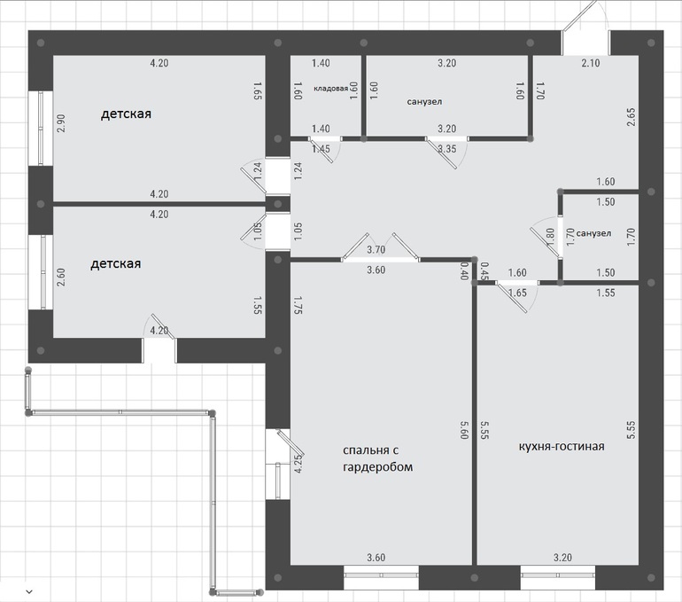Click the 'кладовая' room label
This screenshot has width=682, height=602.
(x=330, y=89)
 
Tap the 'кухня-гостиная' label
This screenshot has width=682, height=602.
(x=562, y=446)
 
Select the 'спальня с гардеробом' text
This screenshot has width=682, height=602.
(x=377, y=458)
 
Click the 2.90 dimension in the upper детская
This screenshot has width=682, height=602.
(x=61, y=123)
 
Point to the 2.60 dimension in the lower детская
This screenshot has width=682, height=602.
(x=61, y=277)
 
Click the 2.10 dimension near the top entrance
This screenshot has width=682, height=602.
(x=591, y=63)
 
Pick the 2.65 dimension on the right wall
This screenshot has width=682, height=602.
(x=632, y=117)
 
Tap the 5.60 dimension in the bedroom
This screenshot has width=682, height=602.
(x=463, y=429)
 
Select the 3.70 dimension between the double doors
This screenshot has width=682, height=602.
(x=376, y=250)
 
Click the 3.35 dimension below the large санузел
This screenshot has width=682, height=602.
(x=447, y=149)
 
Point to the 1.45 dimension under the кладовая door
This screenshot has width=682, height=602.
(x=321, y=149)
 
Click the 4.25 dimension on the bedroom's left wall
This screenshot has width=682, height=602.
(x=298, y=464)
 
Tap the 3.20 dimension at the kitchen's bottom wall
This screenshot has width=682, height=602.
(x=562, y=558)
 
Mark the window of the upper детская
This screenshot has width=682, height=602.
(x=41, y=128)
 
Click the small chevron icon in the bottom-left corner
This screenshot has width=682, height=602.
(x=29, y=591)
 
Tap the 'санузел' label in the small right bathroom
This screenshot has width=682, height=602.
(x=593, y=233)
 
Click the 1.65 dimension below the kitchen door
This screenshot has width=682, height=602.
(x=517, y=293)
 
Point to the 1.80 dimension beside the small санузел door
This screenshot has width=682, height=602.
(x=550, y=238)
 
